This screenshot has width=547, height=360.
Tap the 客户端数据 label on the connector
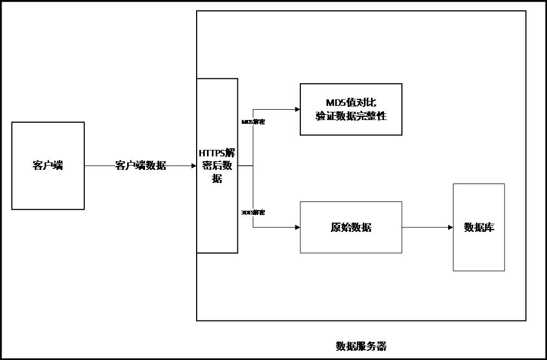(141, 166)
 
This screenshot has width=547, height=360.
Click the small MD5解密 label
(253, 122)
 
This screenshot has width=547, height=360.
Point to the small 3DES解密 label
(253, 212)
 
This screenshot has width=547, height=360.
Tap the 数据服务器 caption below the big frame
(361, 346)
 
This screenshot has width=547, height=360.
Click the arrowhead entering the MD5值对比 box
(297, 109)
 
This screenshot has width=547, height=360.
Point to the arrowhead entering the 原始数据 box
(297, 228)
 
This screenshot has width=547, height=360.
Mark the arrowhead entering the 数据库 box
(450, 228)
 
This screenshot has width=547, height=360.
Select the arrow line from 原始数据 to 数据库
(426, 228)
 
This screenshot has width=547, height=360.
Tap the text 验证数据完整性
(351, 116)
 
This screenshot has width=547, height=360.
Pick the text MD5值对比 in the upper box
(351, 103)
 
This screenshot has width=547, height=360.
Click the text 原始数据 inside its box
(351, 228)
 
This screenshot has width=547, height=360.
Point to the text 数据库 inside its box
(479, 228)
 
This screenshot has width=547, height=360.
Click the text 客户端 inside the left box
(48, 166)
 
